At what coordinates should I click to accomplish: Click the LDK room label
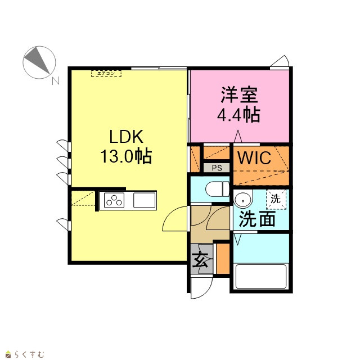pyautogui.click(x=126, y=137)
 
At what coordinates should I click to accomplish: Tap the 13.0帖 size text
pyautogui.click(x=126, y=156)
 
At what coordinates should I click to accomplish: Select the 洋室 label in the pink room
pyautogui.click(x=239, y=94)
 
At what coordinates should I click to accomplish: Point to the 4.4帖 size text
pyautogui.click(x=238, y=114)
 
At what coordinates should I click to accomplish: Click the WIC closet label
pyautogui.click(x=254, y=158)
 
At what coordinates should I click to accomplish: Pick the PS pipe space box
pyautogui.click(x=217, y=168)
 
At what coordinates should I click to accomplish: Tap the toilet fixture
pyautogui.click(x=218, y=189)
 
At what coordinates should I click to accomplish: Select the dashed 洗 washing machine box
pyautogui.click(x=276, y=199)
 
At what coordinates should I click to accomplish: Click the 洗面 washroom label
pyautogui.click(x=258, y=219)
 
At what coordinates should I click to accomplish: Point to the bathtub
pyautogui.click(x=261, y=277)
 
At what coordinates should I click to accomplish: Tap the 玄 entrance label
pyautogui.click(x=200, y=260)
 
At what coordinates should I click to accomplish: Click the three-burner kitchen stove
pyautogui.click(x=114, y=200)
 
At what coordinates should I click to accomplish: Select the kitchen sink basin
pyautogui.click(x=145, y=200)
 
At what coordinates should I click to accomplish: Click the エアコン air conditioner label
pyautogui.click(x=106, y=74)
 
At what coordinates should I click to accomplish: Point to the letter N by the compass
pyautogui.click(x=56, y=80)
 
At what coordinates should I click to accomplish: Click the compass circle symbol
pyautogui.click(x=39, y=62)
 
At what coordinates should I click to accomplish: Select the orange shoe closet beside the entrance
pyautogui.click(x=223, y=259)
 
